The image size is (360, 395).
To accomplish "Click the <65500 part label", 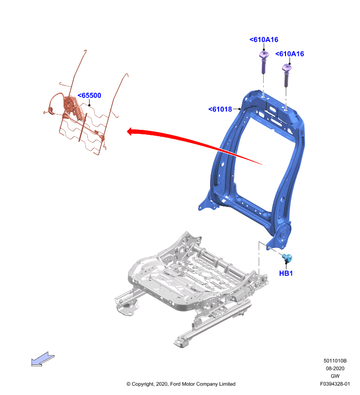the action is (x=89, y=95).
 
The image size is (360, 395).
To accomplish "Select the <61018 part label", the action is (x=220, y=109).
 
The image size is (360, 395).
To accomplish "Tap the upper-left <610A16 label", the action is (x=264, y=39).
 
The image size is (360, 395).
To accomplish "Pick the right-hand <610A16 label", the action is (x=289, y=54).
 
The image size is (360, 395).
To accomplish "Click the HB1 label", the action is (x=286, y=274).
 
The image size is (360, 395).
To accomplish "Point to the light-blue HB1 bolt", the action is (x=287, y=257).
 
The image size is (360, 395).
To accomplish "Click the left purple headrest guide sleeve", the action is (x=263, y=61).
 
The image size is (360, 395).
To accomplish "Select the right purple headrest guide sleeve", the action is (x=287, y=75).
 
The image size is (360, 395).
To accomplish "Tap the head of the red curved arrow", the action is (x=131, y=131).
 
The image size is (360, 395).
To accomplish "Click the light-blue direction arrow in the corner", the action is (x=42, y=359).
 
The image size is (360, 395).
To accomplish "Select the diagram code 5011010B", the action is (x=335, y=361).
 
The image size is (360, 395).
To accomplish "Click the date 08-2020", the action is (x=335, y=368).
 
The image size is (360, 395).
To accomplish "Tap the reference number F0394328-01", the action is (x=335, y=384).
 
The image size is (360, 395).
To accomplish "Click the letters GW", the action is (x=335, y=376).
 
